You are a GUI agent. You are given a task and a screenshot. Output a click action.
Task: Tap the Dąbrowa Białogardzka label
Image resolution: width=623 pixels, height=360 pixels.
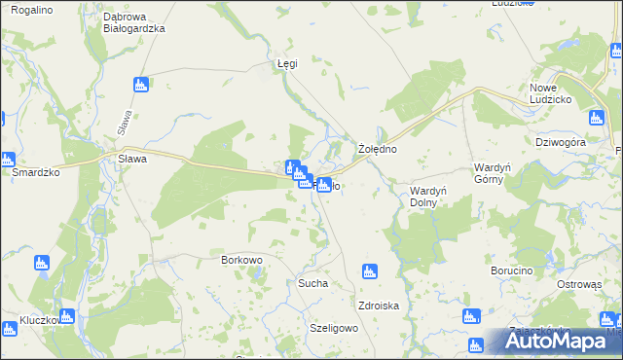pos(134,22)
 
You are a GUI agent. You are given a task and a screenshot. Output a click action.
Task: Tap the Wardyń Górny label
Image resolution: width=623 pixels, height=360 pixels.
pos(493,174)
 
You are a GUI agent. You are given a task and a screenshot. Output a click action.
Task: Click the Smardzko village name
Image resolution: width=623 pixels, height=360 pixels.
pos(36,171)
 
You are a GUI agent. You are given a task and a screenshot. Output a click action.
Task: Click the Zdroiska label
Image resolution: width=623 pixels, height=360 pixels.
pos(379,306)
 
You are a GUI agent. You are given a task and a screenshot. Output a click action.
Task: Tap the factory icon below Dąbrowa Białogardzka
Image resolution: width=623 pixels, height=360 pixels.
pos(142,85)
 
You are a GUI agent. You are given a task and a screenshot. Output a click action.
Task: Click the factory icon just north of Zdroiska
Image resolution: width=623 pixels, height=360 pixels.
pos(369,271)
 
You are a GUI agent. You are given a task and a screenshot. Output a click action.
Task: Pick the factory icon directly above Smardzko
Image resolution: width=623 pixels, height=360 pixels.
pos(8,160)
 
